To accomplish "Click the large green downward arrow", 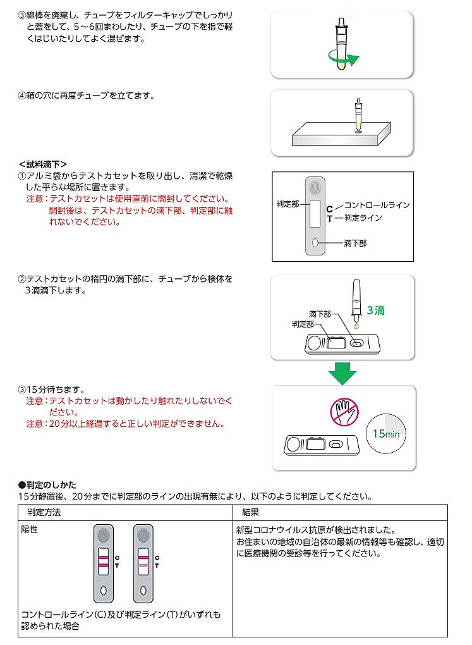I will pyautogui.click(x=342, y=372).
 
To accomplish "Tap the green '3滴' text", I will pyautogui.click(x=375, y=310).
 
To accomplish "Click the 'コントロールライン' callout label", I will pyautogui.click(x=377, y=205).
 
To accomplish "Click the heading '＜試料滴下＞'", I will pyautogui.click(x=43, y=164).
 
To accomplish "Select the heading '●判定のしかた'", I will pyautogui.click(x=47, y=484).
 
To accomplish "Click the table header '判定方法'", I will pyautogui.click(x=44, y=512).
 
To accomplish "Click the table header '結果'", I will pyautogui.click(x=250, y=512).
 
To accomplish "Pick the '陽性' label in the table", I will pyautogui.click(x=30, y=530).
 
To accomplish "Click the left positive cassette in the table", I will pyautogui.click(x=104, y=563).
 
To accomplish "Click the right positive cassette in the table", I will pyautogui.click(x=143, y=563).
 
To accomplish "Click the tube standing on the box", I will pyautogui.click(x=358, y=115).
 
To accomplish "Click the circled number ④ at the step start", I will pyautogui.click(x=21, y=96).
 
